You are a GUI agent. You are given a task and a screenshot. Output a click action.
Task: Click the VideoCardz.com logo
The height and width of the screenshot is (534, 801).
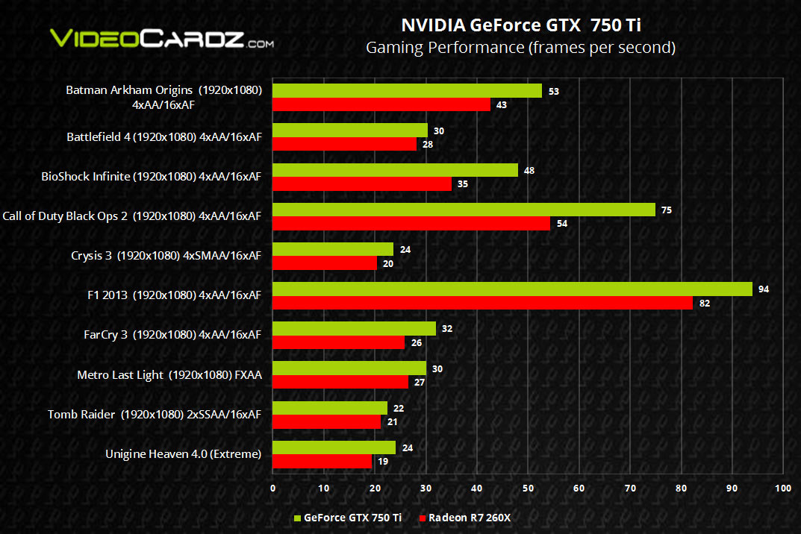pyautogui.click(x=160, y=39)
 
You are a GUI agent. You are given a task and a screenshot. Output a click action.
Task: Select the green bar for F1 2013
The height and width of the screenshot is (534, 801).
pyautogui.click(x=512, y=289)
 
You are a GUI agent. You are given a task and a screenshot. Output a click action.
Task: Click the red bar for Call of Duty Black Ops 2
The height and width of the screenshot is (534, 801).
pyautogui.click(x=411, y=224)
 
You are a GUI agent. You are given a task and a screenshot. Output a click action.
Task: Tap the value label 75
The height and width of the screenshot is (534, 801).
pyautogui.click(x=667, y=210)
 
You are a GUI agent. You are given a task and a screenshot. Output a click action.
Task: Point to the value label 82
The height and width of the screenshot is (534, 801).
pyautogui.click(x=704, y=304)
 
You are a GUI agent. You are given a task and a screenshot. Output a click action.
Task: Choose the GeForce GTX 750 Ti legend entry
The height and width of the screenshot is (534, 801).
pyautogui.click(x=347, y=517)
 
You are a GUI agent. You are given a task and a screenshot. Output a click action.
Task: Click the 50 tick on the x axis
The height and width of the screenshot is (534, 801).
pyautogui.click(x=528, y=489)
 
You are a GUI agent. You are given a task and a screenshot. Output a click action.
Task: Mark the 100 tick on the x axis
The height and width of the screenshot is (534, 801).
pyautogui.click(x=782, y=489)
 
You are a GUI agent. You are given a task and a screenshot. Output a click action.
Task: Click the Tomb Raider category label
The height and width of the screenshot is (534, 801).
pyautogui.click(x=155, y=414)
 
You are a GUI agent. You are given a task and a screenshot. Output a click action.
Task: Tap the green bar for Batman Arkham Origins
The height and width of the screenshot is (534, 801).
pyautogui.click(x=407, y=91)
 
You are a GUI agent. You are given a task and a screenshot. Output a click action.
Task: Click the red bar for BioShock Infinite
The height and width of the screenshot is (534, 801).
pyautogui.click(x=362, y=184)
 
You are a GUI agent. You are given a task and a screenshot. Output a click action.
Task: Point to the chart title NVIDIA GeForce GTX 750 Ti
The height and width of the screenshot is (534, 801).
pyautogui.click(x=521, y=25)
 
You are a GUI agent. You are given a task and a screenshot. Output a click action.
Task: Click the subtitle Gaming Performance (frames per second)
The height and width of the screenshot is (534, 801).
pyautogui.click(x=520, y=48)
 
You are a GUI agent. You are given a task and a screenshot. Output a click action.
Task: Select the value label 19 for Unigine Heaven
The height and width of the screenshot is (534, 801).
pyautogui.click(x=382, y=462)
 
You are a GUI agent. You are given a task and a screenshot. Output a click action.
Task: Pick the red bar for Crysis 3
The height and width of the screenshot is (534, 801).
pyautogui.click(x=325, y=263)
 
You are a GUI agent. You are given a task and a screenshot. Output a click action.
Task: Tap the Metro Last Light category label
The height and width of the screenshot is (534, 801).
pyautogui.click(x=169, y=374)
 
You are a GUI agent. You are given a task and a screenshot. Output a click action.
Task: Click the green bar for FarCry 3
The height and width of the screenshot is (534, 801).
pyautogui.click(x=354, y=329)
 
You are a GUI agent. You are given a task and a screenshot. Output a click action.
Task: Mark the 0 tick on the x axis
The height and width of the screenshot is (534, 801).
pyautogui.click(x=272, y=489)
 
